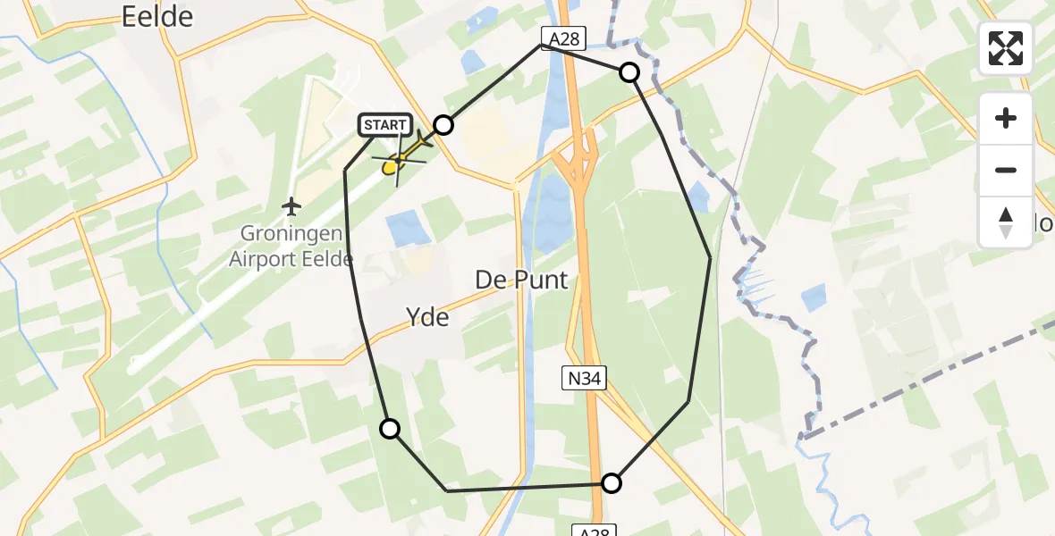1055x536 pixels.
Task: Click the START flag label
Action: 385,125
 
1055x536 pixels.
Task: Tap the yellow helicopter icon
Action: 400,161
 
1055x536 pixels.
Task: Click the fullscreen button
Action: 1006,48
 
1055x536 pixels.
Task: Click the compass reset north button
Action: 1006,222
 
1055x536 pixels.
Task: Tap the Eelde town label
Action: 158,16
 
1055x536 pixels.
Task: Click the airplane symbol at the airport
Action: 291,207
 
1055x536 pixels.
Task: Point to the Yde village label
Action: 427,317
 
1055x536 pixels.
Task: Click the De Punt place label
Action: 521,280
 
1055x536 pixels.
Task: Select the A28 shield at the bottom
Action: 594,532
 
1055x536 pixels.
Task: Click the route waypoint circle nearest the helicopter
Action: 443,125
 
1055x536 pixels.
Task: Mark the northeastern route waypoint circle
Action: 629,72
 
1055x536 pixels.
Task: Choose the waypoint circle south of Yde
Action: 390,429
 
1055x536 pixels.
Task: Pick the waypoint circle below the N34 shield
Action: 611,483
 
